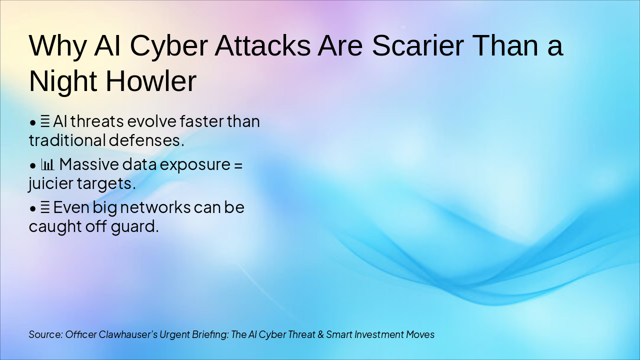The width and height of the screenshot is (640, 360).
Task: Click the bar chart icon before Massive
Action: point(47,164)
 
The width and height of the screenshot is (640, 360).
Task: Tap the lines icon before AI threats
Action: point(45,121)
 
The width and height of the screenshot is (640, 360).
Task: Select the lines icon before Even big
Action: point(45,207)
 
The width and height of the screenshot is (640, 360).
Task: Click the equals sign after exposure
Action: point(238,164)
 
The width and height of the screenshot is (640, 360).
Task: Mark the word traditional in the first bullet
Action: point(67,140)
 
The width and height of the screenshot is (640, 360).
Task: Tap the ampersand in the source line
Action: point(320,334)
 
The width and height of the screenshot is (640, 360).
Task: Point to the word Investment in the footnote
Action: point(381,334)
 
